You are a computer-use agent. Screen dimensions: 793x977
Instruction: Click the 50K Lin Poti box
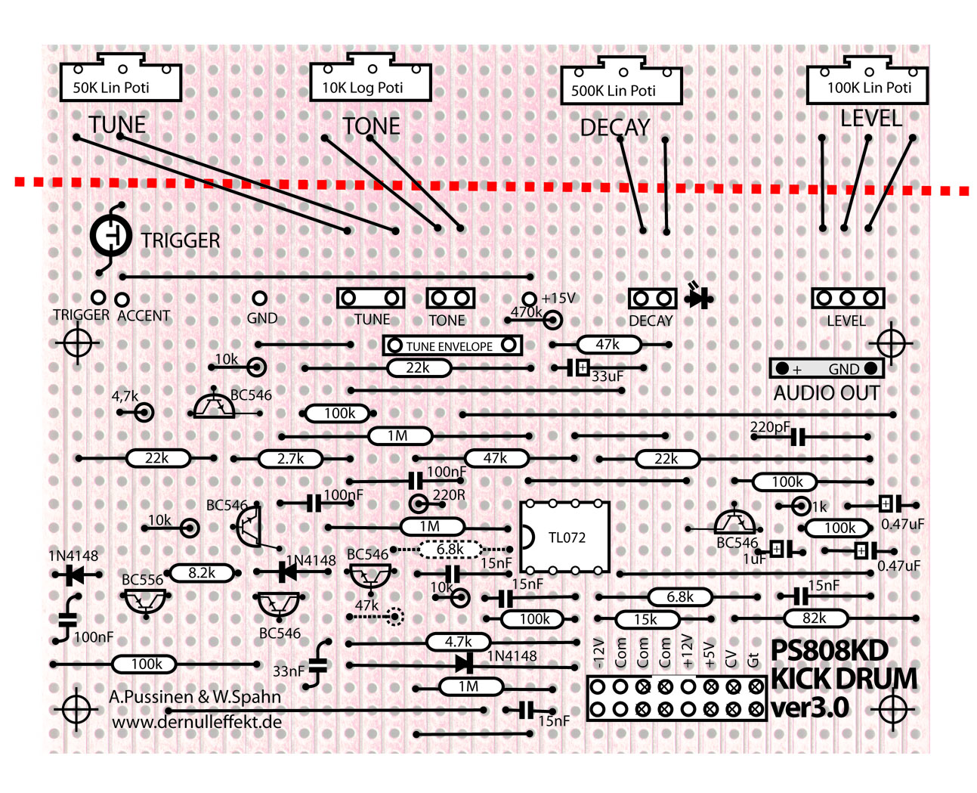click(x=120, y=82)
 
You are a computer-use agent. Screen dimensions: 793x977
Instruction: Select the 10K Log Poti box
click(x=370, y=82)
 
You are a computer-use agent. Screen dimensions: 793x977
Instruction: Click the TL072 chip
click(x=565, y=537)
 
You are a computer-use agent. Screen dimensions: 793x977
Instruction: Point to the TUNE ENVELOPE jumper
click(x=452, y=345)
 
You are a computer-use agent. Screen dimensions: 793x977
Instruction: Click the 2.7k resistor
click(x=290, y=459)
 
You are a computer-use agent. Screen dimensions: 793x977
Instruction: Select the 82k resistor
click(x=814, y=618)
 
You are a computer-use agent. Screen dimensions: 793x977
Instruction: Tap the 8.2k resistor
click(x=202, y=573)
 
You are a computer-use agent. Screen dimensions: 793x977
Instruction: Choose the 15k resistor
click(x=645, y=620)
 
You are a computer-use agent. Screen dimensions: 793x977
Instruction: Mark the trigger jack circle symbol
click(x=111, y=236)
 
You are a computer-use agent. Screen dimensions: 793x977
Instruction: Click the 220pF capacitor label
click(x=769, y=427)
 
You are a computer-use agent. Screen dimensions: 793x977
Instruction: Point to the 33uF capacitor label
click(x=607, y=376)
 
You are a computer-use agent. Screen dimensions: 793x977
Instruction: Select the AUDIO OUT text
click(x=826, y=393)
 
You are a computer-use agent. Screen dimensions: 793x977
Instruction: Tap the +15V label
click(x=558, y=299)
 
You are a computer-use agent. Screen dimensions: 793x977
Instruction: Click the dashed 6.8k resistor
click(x=450, y=550)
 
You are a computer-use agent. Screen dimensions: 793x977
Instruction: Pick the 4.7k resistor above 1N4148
click(x=458, y=643)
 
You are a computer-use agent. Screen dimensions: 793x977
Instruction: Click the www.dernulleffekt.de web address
click(x=197, y=722)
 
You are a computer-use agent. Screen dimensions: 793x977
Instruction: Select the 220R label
click(x=449, y=495)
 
